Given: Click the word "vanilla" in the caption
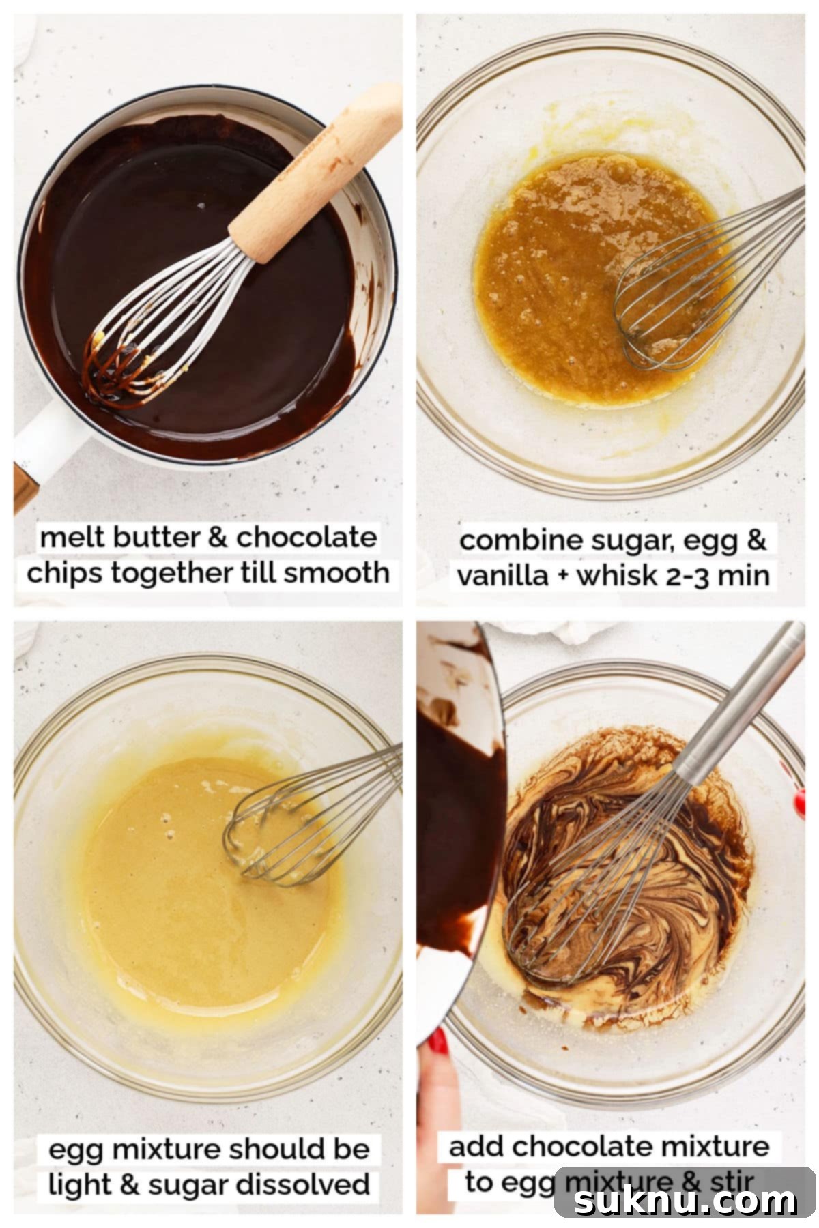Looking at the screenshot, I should click(502, 576).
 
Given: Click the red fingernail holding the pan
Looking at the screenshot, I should click(437, 1042).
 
